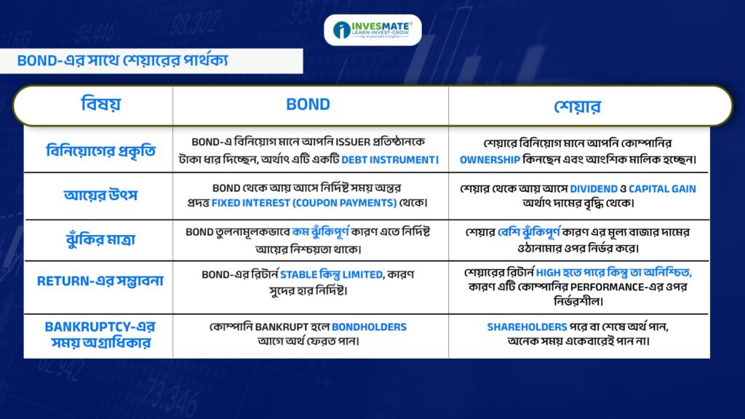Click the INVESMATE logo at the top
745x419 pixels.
[372, 30]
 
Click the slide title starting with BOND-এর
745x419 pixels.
[122, 61]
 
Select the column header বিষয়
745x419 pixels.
[100, 105]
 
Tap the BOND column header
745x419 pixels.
[308, 105]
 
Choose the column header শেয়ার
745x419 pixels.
[577, 106]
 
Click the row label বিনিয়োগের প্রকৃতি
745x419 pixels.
[100, 151]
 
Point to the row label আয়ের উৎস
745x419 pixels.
[100, 195]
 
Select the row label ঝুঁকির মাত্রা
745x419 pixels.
[100, 239]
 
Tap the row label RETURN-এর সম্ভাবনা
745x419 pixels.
[100, 282]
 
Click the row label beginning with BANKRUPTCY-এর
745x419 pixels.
[100, 335]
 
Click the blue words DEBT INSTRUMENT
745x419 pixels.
[389, 160]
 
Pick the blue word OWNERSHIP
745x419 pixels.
[490, 160]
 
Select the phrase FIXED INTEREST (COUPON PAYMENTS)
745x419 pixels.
[304, 203]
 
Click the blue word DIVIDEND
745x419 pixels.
[594, 189]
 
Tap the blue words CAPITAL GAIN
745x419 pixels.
[662, 189]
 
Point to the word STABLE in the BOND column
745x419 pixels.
[298, 274]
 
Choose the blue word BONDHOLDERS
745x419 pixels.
[369, 327]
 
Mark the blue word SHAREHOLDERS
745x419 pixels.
[527, 327]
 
